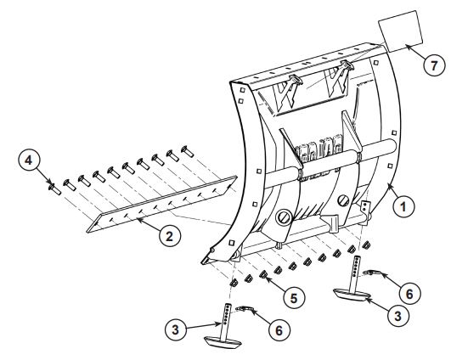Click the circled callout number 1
[407, 205]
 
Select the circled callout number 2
[172, 237]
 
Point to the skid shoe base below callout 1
[354, 293]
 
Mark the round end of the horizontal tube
[394, 146]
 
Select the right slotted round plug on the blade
[346, 202]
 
